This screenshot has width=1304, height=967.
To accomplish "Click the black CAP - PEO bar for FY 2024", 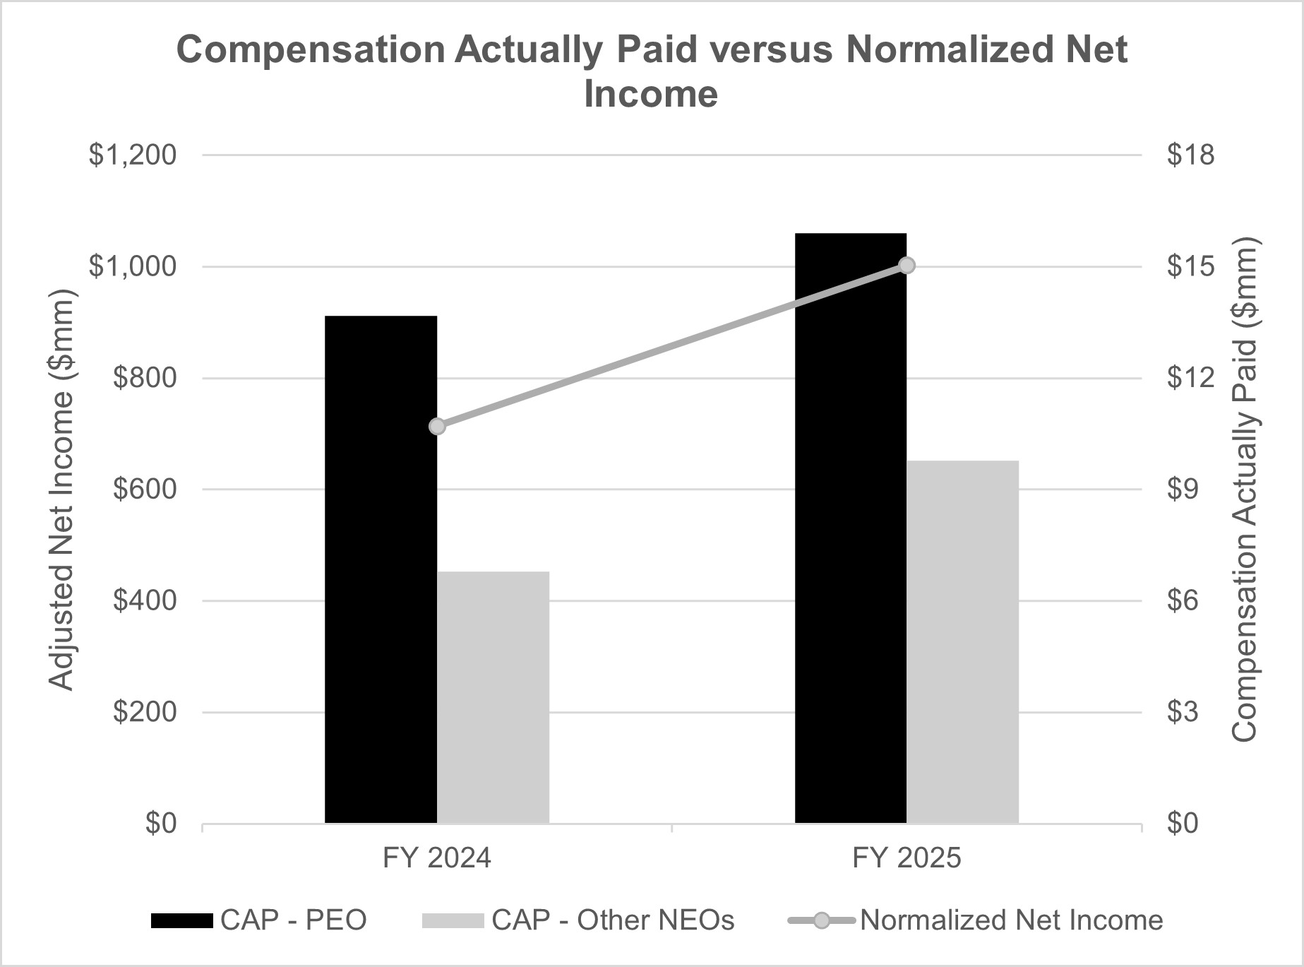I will click(x=381, y=569).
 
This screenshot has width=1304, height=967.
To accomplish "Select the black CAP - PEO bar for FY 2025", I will click(x=851, y=528).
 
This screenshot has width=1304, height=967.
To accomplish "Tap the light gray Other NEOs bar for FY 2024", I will click(x=493, y=696).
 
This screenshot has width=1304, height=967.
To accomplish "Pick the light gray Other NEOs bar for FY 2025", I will click(x=962, y=641).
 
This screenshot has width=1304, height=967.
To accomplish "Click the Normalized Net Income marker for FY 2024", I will click(x=437, y=427).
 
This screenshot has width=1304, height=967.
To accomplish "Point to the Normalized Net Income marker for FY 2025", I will click(x=907, y=266).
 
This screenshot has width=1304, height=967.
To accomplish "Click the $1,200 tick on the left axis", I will click(x=132, y=155).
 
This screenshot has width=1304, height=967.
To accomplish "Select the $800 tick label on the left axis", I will click(x=144, y=378).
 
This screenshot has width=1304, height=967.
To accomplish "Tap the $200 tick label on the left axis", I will click(x=144, y=712).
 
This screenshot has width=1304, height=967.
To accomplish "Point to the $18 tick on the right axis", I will click(x=1190, y=155).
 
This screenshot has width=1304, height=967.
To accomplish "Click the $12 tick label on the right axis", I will click(x=1190, y=378).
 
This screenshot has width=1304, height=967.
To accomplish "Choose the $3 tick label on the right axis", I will click(x=1183, y=712).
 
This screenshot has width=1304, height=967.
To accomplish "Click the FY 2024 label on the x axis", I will click(x=436, y=858).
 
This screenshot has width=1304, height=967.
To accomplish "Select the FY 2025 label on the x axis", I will click(x=907, y=858).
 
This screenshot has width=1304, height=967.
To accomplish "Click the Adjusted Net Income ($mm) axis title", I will click(x=61, y=490).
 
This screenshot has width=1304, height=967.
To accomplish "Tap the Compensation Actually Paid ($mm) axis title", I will click(x=1245, y=490).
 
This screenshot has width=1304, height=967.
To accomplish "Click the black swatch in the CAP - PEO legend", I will click(x=181, y=920).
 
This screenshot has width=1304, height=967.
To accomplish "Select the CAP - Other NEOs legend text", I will click(x=613, y=920).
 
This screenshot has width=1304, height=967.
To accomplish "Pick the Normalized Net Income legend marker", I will click(x=822, y=920).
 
